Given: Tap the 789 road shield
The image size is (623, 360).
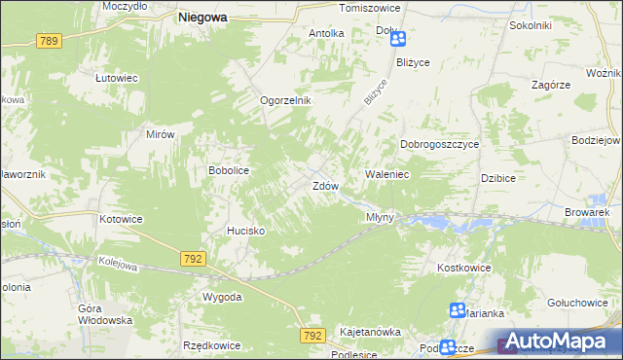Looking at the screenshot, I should click(50, 40).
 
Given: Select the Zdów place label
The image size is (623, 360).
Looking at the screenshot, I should click(324, 185).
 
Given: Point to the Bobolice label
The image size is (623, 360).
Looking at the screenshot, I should click(230, 170).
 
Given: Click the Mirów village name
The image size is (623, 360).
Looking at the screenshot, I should click(160, 135).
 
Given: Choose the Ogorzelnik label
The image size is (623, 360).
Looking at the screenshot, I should click(284, 100).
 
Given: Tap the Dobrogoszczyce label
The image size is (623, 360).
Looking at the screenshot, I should click(440, 144).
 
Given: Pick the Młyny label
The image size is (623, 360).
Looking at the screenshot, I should click(380, 217).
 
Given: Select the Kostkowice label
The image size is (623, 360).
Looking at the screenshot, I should click(463, 268).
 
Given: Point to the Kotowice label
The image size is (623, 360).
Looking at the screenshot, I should click(121, 219).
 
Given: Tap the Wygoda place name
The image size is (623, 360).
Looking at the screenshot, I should click(222, 296).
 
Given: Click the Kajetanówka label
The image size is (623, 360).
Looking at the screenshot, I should click(370, 332).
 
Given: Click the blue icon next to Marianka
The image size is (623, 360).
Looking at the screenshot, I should click(457, 309).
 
